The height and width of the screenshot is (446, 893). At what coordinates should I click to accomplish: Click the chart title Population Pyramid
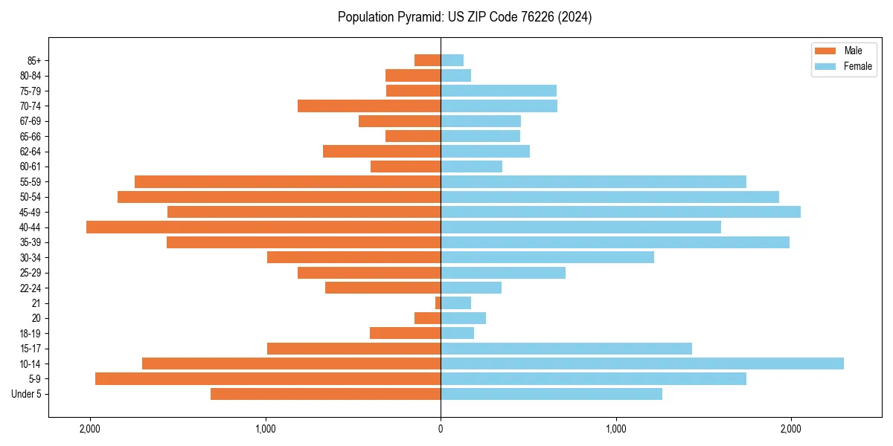pos(464,17)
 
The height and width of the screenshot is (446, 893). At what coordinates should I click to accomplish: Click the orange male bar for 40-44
pos(263,227)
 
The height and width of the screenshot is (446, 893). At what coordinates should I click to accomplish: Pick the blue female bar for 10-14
pos(641,363)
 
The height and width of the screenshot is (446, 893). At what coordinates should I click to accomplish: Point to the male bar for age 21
pos(438,303)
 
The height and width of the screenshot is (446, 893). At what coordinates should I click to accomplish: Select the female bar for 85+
pos(452,60)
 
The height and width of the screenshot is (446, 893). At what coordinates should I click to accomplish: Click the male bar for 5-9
pos(268,379)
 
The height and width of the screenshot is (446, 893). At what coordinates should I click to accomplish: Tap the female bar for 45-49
pos(621,212)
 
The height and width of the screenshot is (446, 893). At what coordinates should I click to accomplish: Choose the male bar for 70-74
pos(369,106)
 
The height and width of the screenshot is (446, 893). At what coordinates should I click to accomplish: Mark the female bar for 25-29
pos(503,273)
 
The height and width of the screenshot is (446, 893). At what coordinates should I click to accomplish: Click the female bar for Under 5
pos(551,394)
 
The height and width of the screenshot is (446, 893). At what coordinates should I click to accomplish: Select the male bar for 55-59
pos(287,182)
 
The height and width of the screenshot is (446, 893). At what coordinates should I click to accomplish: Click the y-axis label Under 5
pos(26,394)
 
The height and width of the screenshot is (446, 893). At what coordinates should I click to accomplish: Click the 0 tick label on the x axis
pos(441,429)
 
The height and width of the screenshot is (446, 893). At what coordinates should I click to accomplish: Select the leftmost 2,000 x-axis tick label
pos(90,429)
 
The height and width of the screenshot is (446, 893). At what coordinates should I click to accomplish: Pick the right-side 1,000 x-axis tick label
pos(615,429)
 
